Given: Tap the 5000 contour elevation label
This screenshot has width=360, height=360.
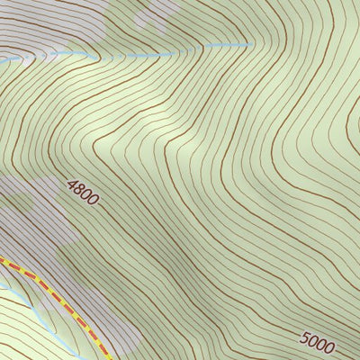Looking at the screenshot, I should pos(318,343).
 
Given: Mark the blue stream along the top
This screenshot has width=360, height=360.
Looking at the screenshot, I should pos(135,56).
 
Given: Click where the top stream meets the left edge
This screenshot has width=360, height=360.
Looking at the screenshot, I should pos(1,59).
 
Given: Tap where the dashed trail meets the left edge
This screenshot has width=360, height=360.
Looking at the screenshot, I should pos(1,260).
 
